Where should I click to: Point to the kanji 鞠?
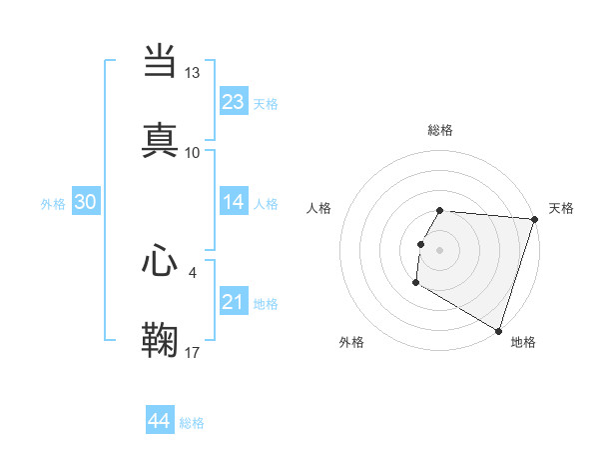click(x=160, y=340)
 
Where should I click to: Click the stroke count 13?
click(x=193, y=73)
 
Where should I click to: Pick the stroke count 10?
click(x=193, y=152)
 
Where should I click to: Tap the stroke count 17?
click(x=193, y=352)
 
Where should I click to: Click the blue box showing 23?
click(x=234, y=102)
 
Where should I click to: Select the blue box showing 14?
click(x=234, y=202)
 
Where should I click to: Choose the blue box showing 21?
click(x=234, y=302)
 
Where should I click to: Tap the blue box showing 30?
click(x=85, y=202)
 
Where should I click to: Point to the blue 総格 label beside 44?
click(x=192, y=423)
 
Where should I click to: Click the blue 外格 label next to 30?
click(x=53, y=204)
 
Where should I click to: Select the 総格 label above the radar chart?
click(x=440, y=130)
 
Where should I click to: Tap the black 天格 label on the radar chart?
click(x=561, y=208)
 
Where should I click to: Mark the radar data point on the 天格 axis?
click(x=534, y=219)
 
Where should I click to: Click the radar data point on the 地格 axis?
click(x=498, y=330)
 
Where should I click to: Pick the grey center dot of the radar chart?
click(x=440, y=249)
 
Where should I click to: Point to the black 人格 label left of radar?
click(x=319, y=208)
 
